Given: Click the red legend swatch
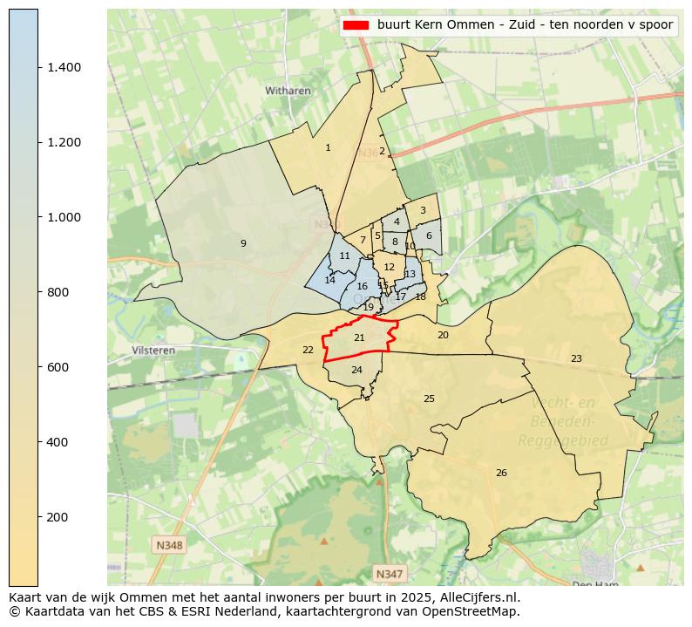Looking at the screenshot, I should [x=357, y=25].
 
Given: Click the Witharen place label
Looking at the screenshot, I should [x=288, y=90].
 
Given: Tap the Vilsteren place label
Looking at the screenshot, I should [x=153, y=351].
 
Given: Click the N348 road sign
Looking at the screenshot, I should [x=169, y=545].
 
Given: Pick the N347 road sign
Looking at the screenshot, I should [x=389, y=574].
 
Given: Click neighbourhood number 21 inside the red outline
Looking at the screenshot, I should [x=359, y=337].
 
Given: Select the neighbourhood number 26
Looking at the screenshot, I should [x=501, y=474].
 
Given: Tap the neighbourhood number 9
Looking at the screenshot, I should [x=243, y=243].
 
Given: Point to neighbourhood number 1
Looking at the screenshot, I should [x=328, y=148].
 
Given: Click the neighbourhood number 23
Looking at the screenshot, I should [x=576, y=359].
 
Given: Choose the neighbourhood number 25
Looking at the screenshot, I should [x=429, y=399].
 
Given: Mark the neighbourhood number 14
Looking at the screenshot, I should [x=329, y=281].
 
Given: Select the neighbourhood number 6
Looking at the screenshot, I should [x=429, y=236].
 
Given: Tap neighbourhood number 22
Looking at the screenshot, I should [x=308, y=351].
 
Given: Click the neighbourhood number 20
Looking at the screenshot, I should [x=443, y=336].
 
